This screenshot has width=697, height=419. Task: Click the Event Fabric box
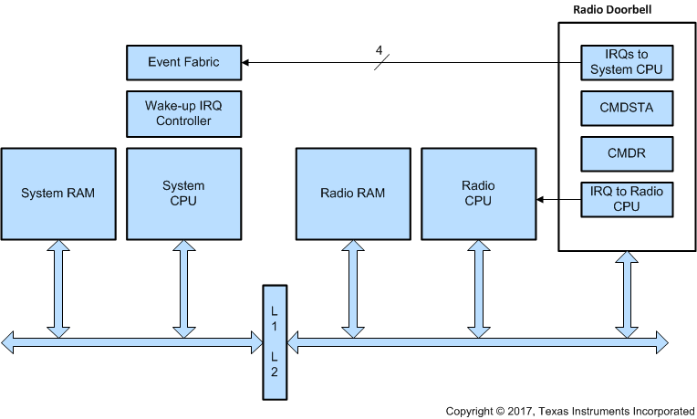[183, 63]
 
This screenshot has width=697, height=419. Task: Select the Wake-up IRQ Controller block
[183, 113]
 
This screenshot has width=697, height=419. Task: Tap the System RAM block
[58, 194]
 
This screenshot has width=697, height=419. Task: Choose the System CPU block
[183, 194]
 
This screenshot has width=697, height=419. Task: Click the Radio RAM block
[352, 194]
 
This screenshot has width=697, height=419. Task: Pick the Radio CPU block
[477, 194]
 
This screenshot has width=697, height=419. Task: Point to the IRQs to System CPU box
[626, 63]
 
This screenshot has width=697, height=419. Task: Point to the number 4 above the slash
[378, 51]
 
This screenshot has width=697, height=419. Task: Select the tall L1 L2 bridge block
[275, 342]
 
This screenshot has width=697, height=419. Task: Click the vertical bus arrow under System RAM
[58, 287]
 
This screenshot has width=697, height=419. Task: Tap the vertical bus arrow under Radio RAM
[352, 287]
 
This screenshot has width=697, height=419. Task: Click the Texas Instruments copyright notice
[570, 411]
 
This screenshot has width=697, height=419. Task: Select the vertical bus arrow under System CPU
[183, 287]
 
